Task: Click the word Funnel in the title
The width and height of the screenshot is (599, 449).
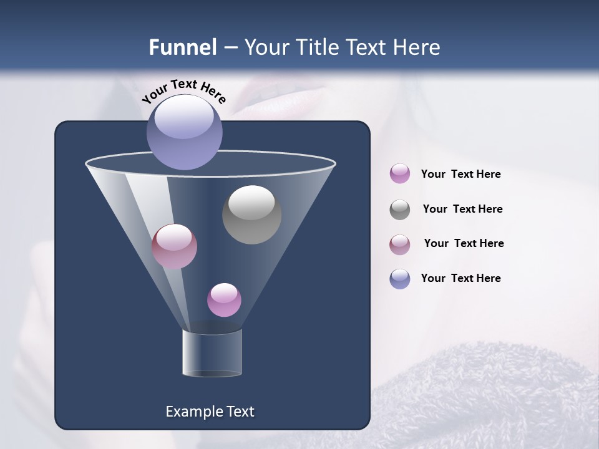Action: [x=183, y=47]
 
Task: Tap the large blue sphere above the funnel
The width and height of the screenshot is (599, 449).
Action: [x=185, y=132]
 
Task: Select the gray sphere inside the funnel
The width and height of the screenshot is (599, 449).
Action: [x=251, y=215]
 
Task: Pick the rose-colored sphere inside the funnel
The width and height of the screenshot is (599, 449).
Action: [x=174, y=247]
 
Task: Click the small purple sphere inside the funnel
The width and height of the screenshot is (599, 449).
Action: [x=224, y=300]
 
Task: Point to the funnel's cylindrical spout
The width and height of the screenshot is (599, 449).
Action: [x=212, y=353]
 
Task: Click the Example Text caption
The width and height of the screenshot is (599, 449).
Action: [x=210, y=412]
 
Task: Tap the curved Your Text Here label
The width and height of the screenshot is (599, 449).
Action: [x=183, y=91]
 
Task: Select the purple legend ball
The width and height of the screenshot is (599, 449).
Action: [x=400, y=173]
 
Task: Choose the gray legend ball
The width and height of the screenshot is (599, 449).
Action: [x=400, y=210]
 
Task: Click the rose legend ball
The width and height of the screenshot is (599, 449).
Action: [x=400, y=244]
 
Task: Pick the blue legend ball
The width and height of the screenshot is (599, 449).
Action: [x=400, y=279]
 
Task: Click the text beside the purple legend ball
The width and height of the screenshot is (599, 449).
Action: [x=461, y=174]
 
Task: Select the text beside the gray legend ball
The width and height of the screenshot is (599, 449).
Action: [x=462, y=209]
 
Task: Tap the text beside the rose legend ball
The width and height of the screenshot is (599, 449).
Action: [x=464, y=243]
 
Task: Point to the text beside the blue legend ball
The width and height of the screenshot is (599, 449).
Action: [x=461, y=278]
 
